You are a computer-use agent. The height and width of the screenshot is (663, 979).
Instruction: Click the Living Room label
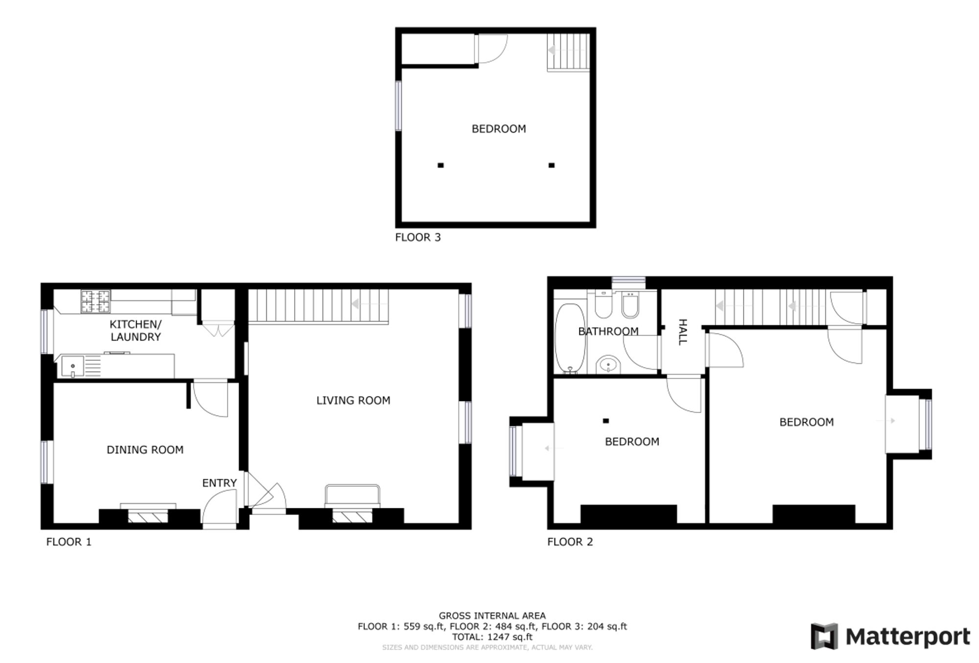coord(353,401)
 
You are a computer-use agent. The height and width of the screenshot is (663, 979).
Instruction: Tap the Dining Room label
coord(145,450)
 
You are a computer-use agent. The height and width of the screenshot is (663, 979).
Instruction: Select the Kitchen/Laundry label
coord(136,331)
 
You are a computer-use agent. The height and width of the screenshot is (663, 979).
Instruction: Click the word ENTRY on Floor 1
coord(219,483)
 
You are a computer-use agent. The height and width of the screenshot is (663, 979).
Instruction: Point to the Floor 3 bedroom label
coord(499,129)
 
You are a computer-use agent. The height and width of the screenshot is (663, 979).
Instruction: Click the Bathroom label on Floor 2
coord(608,331)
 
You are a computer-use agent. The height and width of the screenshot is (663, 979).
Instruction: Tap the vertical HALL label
coord(682,332)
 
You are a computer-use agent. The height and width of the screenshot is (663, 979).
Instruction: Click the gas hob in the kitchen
coord(95,301)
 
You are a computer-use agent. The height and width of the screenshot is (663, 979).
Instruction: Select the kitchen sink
coord(72,367)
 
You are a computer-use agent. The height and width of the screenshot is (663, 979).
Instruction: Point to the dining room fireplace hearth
coord(148,516)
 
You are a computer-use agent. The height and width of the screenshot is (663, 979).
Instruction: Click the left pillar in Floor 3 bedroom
coord(441,166)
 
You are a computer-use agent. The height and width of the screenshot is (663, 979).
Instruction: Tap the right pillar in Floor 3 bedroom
coord(552,166)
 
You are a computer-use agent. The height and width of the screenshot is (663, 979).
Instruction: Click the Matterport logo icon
coord(824,636)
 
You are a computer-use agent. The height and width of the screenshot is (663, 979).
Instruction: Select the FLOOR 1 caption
coord(69,542)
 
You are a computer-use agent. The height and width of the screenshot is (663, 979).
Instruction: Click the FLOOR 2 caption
coord(570,542)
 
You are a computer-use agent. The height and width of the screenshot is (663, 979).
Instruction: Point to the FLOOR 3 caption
coord(418,237)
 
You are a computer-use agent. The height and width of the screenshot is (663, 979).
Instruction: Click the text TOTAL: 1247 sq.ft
coord(492,637)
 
